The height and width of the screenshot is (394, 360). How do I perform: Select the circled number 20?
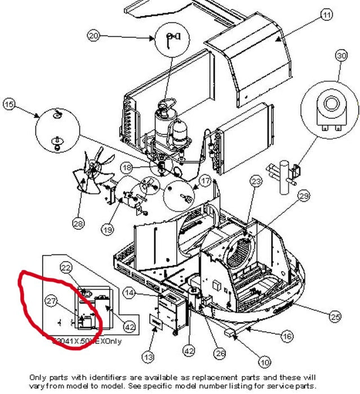94,36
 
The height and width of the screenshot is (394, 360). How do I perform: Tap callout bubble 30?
341,55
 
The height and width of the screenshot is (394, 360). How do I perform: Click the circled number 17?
205,181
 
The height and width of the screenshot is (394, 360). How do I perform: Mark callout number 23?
256,181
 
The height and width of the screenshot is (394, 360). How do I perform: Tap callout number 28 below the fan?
78,224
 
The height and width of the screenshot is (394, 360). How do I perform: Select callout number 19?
107,229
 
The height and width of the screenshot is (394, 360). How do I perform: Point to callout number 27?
52,302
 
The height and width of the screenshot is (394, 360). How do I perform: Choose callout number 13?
148,357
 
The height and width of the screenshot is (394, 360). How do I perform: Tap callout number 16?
287,336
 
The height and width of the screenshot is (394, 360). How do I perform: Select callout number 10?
265,362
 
